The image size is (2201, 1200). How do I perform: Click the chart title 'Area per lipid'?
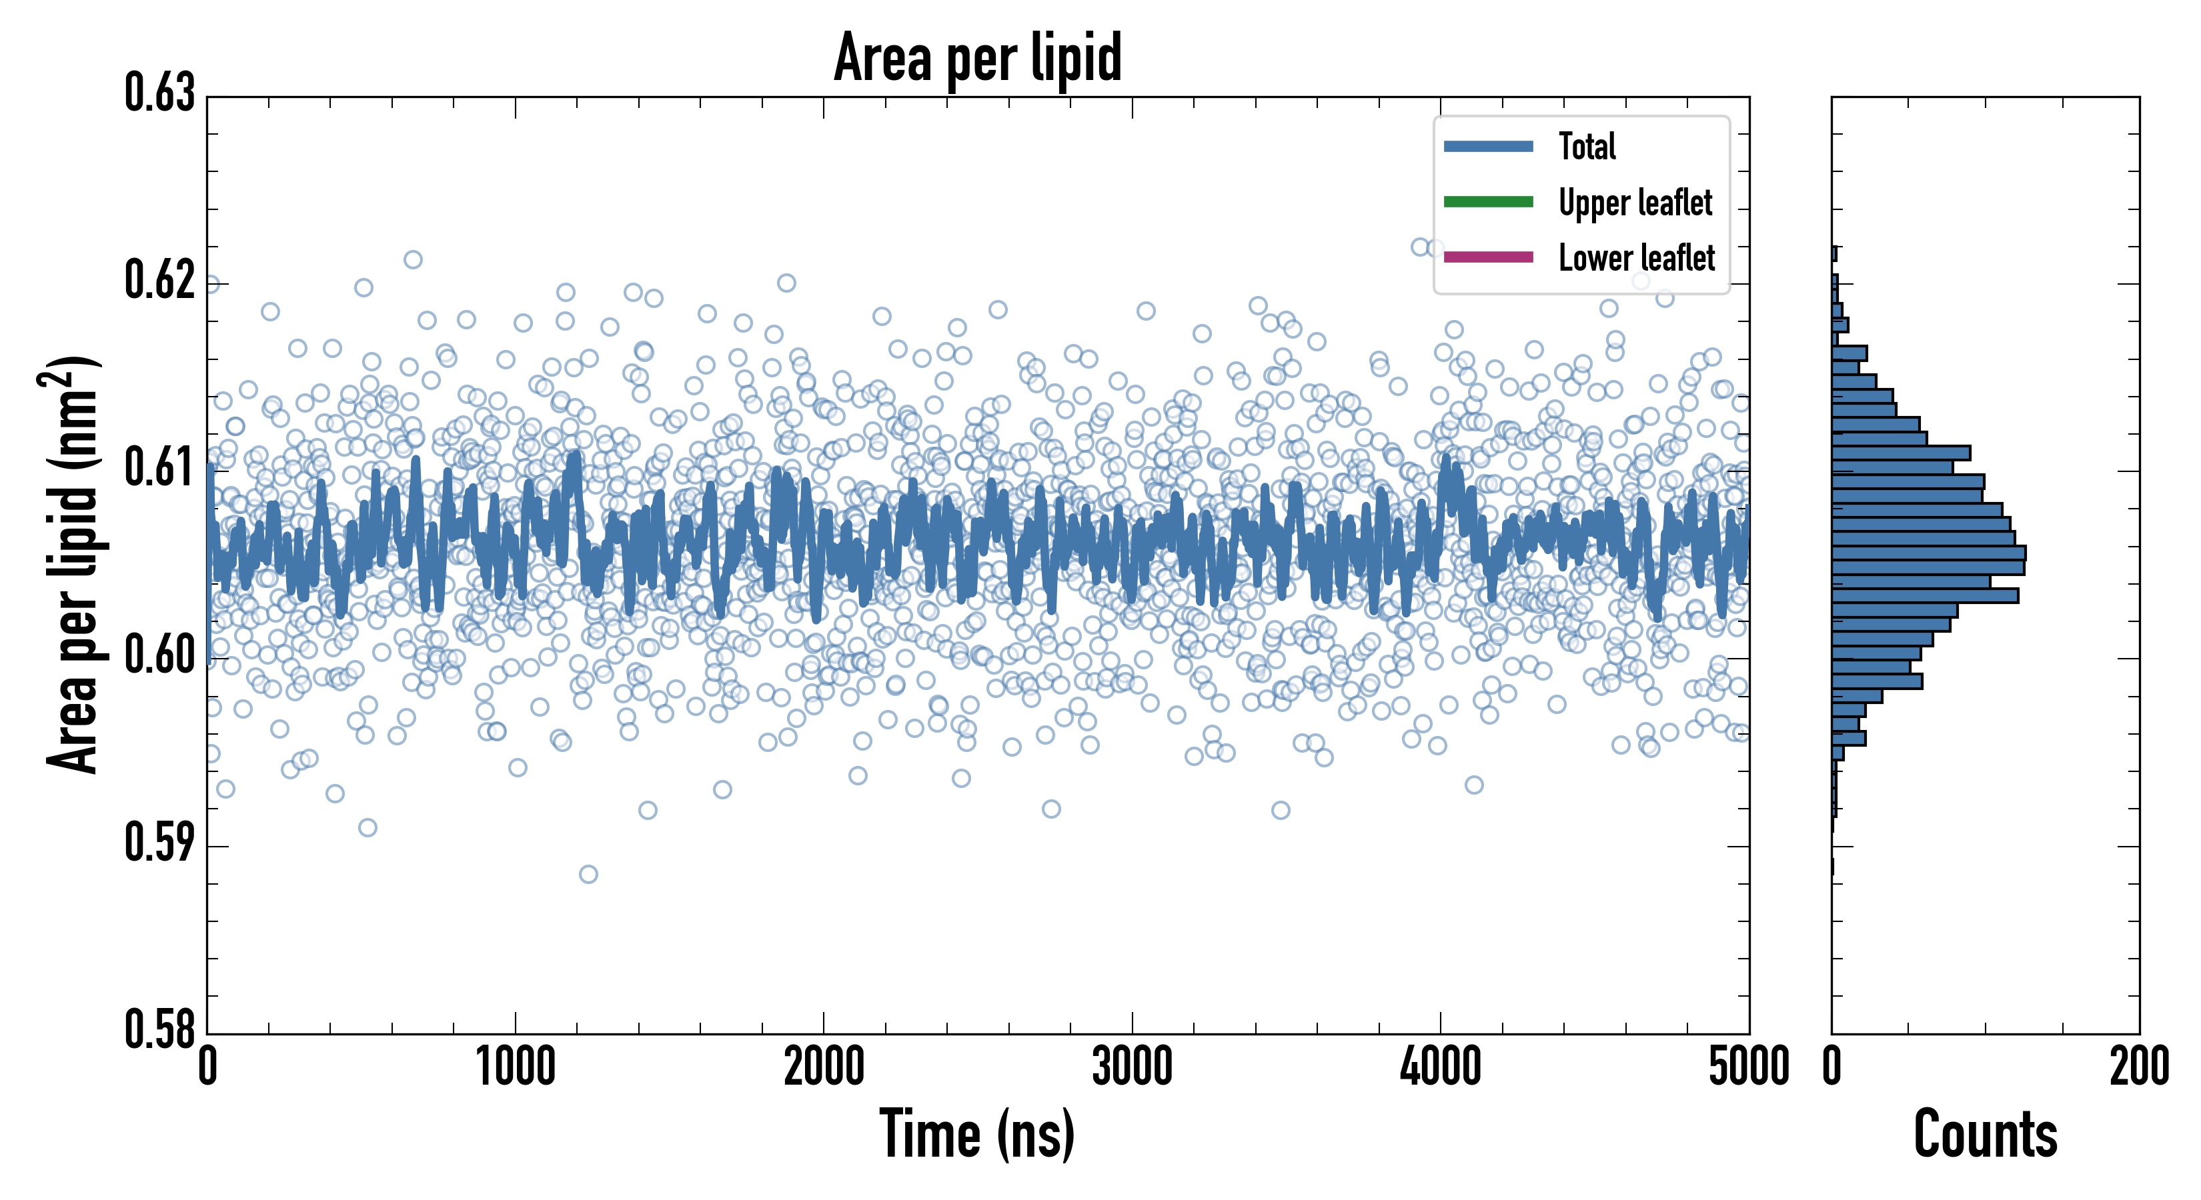[978, 57]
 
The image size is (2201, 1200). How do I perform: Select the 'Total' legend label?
[1587, 146]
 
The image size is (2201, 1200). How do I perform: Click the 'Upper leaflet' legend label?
[1635, 203]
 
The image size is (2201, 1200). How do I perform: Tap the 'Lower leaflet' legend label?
[1636, 258]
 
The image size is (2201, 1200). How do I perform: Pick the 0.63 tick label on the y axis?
[160, 93]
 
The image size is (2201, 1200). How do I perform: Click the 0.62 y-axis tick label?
[160, 280]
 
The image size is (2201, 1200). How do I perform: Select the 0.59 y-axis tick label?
[160, 843]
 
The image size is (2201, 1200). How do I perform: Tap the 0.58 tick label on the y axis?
[160, 1029]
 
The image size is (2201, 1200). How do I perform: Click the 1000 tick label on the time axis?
[515, 1067]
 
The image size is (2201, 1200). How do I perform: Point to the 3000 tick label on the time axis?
[1132, 1067]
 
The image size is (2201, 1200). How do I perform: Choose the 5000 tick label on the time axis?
[1748, 1067]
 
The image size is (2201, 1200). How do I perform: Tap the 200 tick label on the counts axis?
[2138, 1067]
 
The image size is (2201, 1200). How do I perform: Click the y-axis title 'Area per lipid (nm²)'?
[73, 564]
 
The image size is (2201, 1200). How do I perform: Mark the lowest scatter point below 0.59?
[588, 874]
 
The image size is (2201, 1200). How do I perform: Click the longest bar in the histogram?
[1928, 553]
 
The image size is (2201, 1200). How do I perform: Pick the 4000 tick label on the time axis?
[1441, 1067]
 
